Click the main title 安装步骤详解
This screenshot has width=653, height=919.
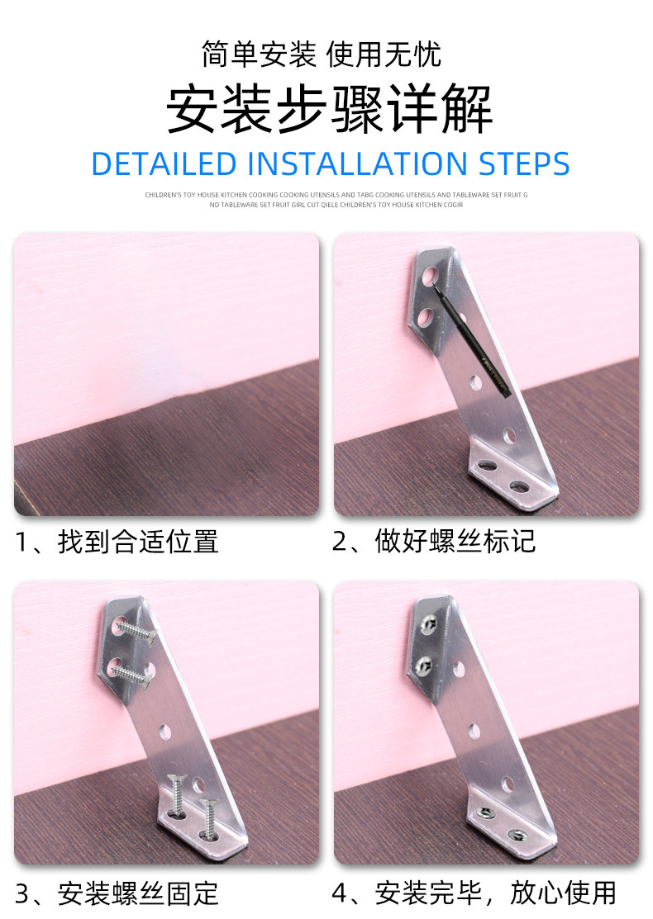[330, 110]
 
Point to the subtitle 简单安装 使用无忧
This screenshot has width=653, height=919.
[322, 54]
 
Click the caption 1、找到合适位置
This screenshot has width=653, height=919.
[117, 542]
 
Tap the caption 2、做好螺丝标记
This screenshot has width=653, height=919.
[434, 542]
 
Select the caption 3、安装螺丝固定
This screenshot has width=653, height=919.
[117, 893]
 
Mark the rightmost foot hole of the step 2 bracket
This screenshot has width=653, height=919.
[519, 486]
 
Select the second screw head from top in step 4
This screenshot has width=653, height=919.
[427, 662]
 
